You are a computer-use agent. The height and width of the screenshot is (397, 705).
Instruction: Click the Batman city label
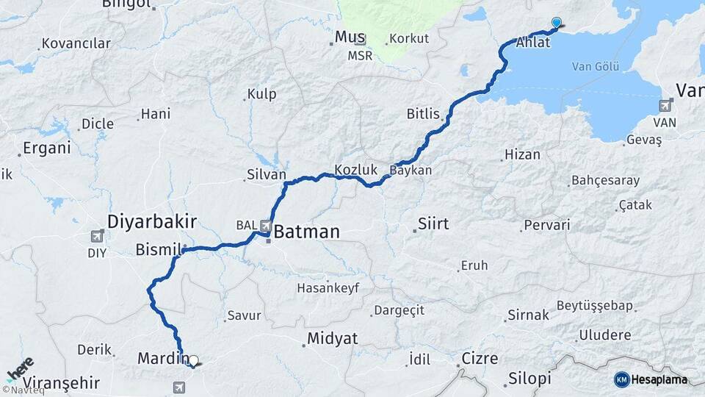pyautogui.click(x=307, y=232)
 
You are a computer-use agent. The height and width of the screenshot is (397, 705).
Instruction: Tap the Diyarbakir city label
pyautogui.click(x=152, y=221)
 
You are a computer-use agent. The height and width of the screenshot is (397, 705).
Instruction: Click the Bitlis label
pyautogui.click(x=423, y=114)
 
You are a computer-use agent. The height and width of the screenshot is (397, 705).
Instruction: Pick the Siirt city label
pyautogui.click(x=433, y=223)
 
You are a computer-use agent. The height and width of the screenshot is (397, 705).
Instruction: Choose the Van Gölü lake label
pyautogui.click(x=595, y=67)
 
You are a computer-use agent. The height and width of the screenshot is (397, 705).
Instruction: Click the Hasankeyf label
pyautogui.click(x=328, y=288)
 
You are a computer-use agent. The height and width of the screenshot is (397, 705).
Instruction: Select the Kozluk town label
pyautogui.click(x=355, y=170)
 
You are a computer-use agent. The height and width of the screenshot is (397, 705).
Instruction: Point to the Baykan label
pyautogui.click(x=411, y=170)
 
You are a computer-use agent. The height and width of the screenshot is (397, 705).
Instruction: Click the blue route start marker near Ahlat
pyautogui.click(x=556, y=24)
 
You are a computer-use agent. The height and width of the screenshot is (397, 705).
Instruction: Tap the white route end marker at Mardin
pyautogui.click(x=193, y=361)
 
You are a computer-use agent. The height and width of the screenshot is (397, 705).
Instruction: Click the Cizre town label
pyautogui.click(x=480, y=359)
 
